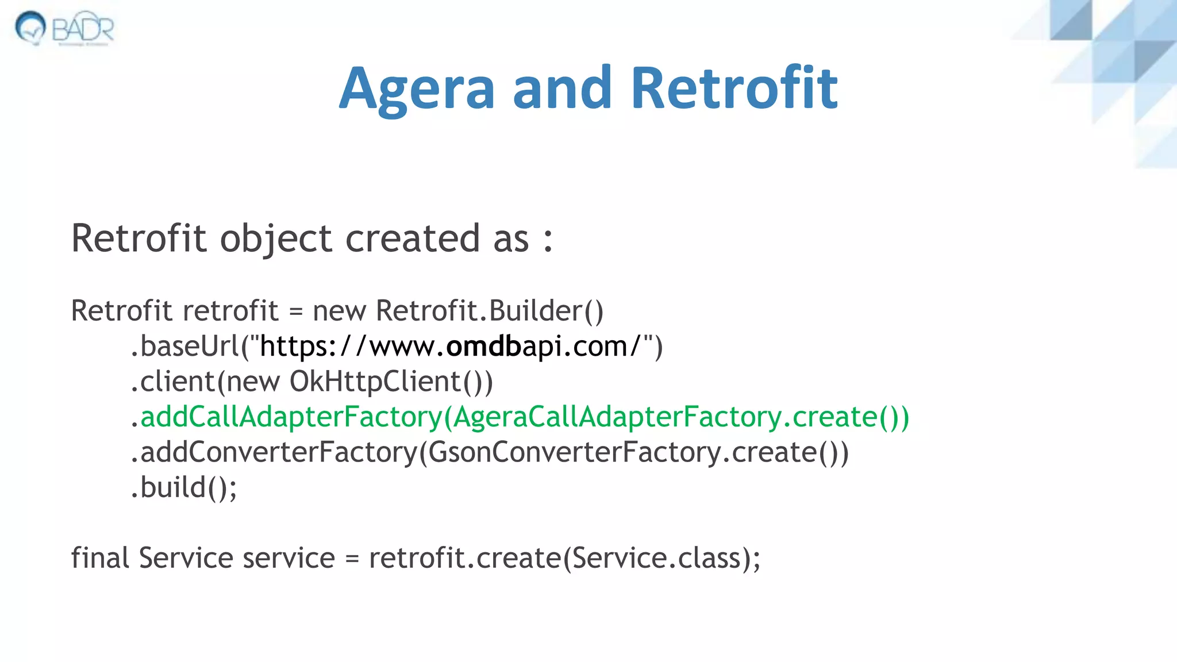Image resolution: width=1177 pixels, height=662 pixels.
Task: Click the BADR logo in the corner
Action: coord(64,28)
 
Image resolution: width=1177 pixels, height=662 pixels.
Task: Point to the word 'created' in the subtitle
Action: coord(412,238)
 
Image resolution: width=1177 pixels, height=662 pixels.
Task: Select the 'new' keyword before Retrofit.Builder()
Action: coord(339,311)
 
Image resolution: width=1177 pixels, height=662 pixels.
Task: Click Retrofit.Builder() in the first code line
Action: coord(489,311)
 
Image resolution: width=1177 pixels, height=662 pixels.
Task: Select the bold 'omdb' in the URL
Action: coord(483,347)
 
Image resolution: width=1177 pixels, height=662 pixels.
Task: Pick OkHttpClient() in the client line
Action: coord(390,382)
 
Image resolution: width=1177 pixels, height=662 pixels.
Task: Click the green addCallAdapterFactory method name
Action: coord(290,417)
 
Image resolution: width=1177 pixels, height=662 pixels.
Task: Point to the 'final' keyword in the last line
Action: coord(99,558)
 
